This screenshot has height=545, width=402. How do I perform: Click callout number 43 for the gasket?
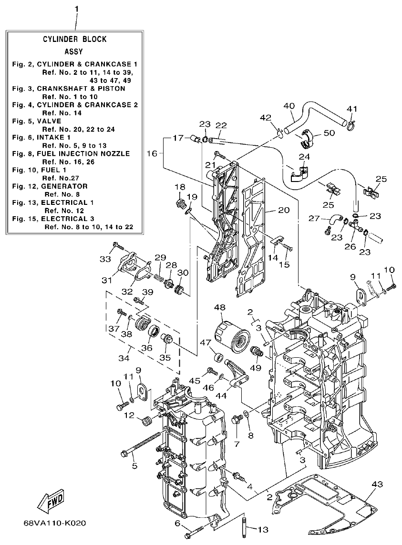[x=377, y=484]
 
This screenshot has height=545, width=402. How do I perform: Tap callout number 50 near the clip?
[x=330, y=133]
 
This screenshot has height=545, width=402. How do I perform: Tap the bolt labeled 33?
[x=117, y=247]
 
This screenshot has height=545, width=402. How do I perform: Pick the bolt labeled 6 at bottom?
[x=193, y=532]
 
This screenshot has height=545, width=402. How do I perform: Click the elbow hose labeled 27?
[x=336, y=220]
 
